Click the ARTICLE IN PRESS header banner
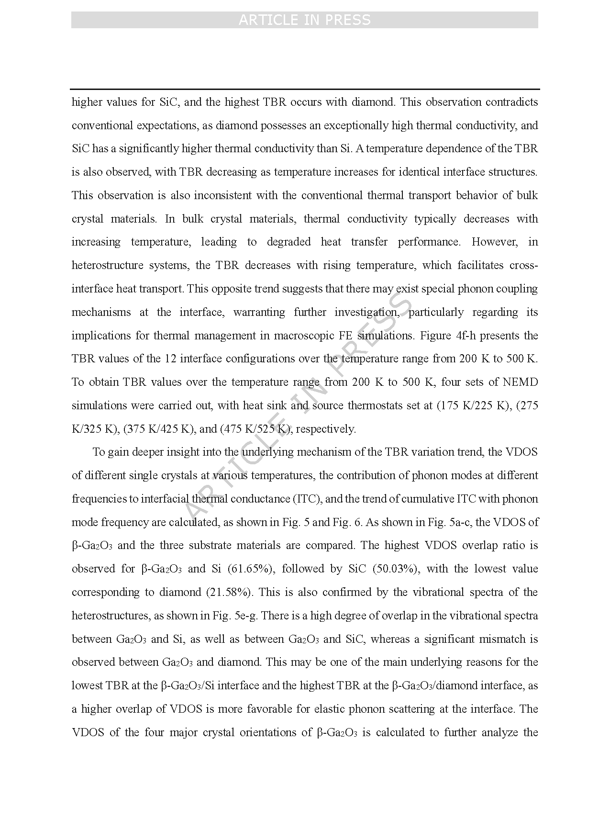tap(304, 20)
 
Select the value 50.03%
tap(393, 569)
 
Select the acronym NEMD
tap(521, 382)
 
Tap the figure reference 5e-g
tap(246, 616)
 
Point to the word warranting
tap(259, 312)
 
